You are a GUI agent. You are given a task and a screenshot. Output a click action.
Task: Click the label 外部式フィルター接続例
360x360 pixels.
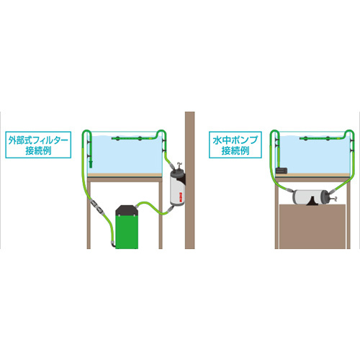38,145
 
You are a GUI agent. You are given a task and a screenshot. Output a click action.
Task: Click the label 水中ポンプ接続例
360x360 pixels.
235,145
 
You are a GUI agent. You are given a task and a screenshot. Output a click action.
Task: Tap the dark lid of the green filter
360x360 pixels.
127,210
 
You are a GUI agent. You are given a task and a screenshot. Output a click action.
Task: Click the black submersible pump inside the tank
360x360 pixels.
282,171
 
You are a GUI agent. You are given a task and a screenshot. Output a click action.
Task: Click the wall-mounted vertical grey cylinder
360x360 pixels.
177,188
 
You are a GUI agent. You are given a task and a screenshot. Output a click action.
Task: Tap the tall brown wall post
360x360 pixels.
189,180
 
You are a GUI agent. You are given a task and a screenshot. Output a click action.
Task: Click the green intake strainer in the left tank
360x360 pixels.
91,164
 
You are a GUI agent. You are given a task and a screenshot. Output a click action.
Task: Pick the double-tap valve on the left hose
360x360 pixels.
96,205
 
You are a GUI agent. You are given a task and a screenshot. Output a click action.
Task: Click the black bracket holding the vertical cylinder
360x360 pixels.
182,179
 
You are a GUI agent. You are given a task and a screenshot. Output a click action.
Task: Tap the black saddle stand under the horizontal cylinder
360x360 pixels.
312,201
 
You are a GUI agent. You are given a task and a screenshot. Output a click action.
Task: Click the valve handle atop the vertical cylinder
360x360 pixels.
179,165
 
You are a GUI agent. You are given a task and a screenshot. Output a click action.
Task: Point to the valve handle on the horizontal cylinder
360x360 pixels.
334,198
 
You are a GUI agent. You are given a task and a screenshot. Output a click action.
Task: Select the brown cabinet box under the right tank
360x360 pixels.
312,227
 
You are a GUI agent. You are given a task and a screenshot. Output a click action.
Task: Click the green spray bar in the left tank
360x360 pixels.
132,138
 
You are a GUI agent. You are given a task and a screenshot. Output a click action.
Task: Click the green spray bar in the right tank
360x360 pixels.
321,138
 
